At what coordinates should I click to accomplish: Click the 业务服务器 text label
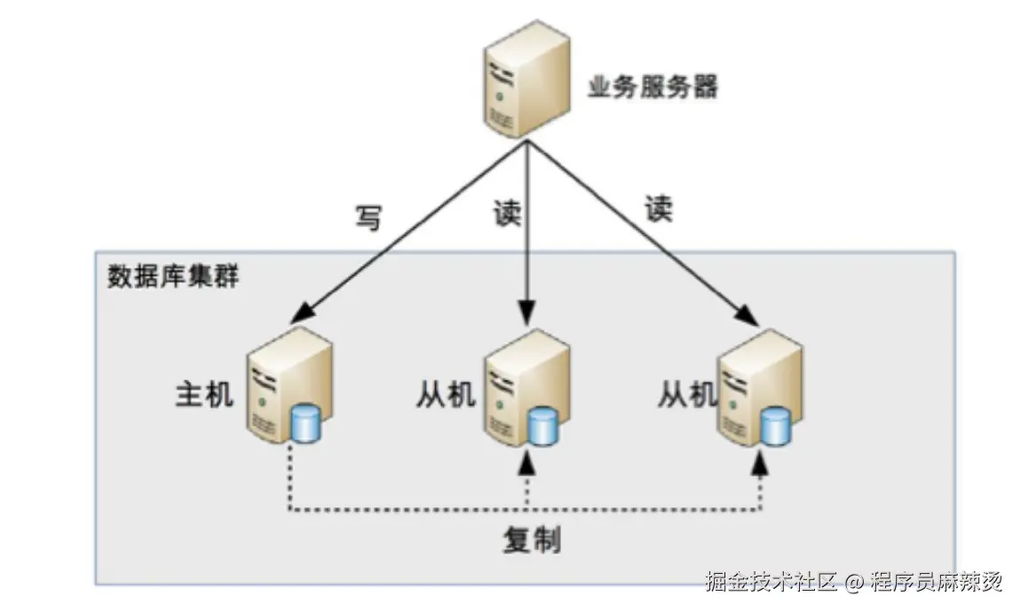tap(653, 87)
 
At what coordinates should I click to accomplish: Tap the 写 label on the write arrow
tap(368, 216)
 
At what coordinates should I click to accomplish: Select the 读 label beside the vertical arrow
tap(507, 212)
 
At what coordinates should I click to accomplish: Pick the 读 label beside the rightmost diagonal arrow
tap(658, 208)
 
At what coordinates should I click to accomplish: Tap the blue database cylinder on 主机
tap(305, 423)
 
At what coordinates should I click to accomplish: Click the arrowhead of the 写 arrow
tap(305, 311)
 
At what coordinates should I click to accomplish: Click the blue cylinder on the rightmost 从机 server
tap(775, 426)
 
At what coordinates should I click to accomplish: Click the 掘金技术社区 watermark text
tap(771, 582)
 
